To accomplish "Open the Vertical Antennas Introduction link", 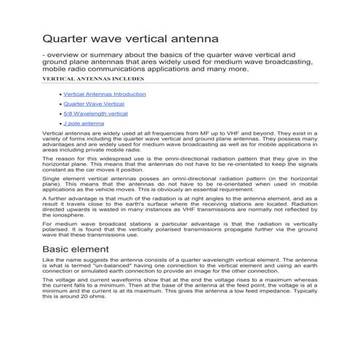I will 105,94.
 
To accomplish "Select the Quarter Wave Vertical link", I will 94,104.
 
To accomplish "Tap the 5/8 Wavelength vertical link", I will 95,113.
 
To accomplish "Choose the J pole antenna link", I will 84,124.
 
